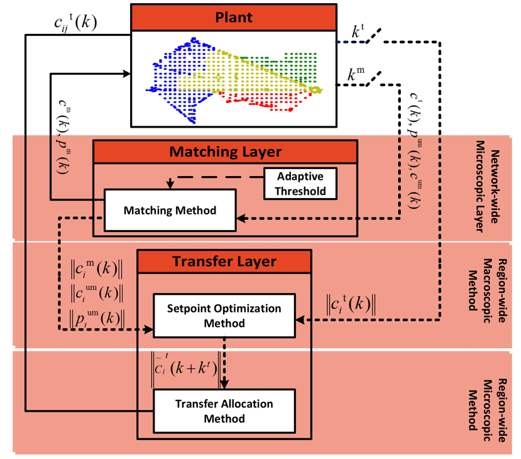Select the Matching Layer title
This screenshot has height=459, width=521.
225,152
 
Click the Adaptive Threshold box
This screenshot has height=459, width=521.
300,182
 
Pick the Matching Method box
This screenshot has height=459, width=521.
170,210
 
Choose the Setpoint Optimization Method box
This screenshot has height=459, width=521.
224,316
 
